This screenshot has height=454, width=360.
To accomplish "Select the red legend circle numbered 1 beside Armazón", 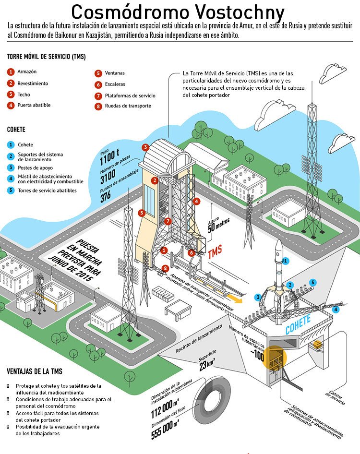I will (11, 72).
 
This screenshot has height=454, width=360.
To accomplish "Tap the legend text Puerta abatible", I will (34, 105).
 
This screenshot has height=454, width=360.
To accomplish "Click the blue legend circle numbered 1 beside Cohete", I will (11, 144).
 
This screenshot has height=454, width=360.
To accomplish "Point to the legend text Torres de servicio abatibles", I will (47, 191).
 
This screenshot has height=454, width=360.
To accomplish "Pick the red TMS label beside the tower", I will (215, 252).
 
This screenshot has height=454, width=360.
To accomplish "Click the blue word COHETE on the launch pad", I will (298, 324).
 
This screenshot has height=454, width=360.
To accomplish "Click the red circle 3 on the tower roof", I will (145, 147).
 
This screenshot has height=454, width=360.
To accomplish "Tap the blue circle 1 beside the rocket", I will (286, 261).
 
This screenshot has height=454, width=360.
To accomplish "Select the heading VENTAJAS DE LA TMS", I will (35, 371).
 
